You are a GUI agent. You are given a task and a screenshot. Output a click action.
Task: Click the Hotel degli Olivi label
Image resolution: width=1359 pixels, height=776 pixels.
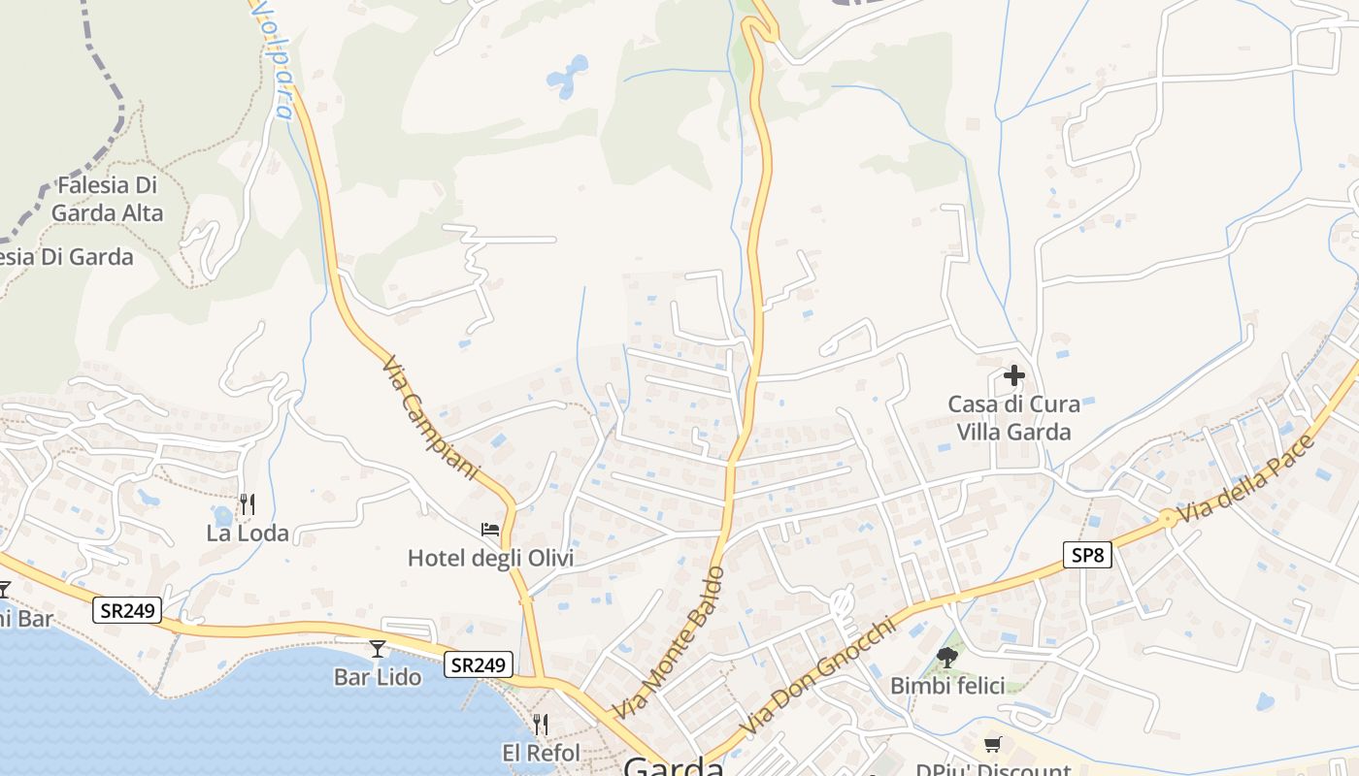490,558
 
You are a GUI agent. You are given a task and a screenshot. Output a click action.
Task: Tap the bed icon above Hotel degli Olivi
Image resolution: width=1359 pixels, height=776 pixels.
490,530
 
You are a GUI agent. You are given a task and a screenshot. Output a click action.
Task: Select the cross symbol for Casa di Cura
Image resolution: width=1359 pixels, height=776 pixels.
1014,375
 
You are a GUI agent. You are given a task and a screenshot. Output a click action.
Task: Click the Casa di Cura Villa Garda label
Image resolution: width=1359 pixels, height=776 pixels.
1014,418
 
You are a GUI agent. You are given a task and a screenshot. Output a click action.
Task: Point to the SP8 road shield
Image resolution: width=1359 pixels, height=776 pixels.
1087,556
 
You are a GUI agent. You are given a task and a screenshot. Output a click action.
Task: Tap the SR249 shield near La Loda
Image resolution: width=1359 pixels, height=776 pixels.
128,611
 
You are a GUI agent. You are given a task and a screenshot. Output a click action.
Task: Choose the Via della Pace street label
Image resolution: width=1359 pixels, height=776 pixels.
1244,479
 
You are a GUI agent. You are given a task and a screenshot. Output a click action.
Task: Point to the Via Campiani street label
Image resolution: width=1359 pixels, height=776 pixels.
430,418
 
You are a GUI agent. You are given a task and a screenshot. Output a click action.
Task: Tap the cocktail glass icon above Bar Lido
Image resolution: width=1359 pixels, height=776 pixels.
378,649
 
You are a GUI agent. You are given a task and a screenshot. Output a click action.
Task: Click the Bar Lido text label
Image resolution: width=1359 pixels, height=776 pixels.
378,677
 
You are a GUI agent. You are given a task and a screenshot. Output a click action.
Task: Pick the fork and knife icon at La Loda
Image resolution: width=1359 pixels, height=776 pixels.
248,504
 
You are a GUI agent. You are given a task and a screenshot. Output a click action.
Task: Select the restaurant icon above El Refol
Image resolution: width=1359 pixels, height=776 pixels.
541,725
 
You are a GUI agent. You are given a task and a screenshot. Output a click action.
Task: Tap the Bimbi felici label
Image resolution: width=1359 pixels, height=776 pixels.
947,686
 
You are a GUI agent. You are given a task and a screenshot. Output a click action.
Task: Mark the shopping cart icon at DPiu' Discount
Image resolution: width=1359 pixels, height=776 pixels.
992,745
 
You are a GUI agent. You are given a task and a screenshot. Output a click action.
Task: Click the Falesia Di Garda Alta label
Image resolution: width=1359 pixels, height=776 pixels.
107,199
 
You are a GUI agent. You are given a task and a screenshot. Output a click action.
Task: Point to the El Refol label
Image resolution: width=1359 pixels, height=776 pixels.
541,753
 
